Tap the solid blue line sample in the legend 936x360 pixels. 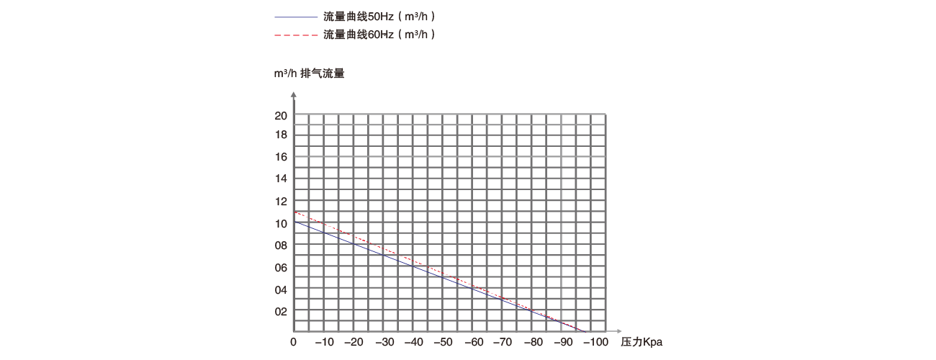point(295,16)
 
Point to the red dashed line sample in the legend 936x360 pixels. point(295,34)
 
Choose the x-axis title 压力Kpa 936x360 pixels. point(641,341)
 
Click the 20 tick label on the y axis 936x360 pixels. point(280,115)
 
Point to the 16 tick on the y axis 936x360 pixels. point(280,156)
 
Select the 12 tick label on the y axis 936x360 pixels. point(280,201)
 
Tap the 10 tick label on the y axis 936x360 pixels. point(280,223)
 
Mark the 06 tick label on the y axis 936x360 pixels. point(280,267)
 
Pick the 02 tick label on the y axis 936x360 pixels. point(280,311)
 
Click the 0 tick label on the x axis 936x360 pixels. point(293,341)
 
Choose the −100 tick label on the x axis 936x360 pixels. point(595,341)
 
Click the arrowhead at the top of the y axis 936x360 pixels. point(293,94)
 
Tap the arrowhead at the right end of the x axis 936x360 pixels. point(614,332)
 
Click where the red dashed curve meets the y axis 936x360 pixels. point(294,212)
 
